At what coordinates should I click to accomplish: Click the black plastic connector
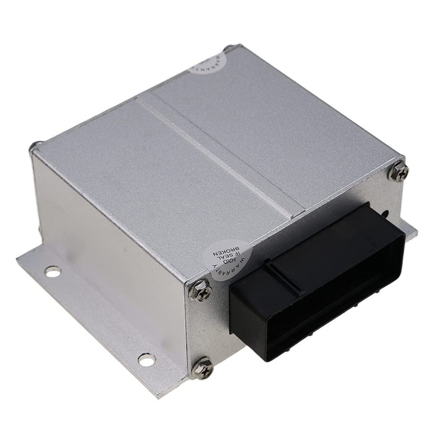pos(316,282)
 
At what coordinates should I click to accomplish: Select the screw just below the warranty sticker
pos(200,290)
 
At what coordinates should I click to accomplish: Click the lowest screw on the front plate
pos(202,367)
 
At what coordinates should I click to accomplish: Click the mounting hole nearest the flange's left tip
pos(53,271)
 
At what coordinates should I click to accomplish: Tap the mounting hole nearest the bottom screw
pos(146,359)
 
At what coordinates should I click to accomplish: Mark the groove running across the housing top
pos(211,155)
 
